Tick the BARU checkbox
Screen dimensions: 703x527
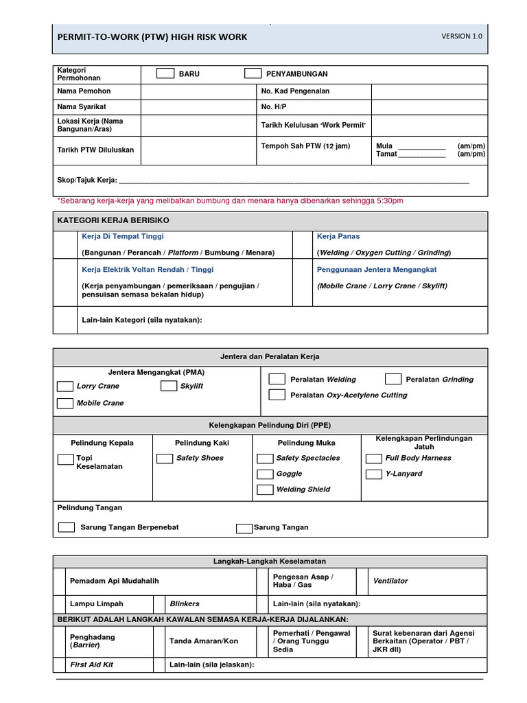(x=165, y=73)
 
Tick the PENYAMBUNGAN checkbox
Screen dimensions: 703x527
(x=253, y=73)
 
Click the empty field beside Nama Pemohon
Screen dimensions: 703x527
(x=198, y=91)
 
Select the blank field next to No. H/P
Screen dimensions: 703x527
(x=429, y=107)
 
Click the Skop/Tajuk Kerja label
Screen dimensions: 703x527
(x=87, y=181)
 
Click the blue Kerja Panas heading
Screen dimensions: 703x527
(x=338, y=236)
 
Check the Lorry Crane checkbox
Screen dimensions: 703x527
(x=65, y=386)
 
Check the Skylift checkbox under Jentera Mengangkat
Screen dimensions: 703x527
(x=169, y=386)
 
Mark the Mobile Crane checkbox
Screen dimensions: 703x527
(x=65, y=403)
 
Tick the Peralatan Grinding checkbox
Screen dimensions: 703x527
(x=393, y=379)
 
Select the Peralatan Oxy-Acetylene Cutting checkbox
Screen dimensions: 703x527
(x=277, y=395)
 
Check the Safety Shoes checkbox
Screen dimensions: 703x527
(x=165, y=458)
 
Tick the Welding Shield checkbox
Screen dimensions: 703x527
(x=265, y=489)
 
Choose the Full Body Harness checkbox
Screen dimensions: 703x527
(x=374, y=458)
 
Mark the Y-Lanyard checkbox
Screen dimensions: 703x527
(x=374, y=474)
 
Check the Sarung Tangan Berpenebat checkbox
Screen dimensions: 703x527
(x=67, y=527)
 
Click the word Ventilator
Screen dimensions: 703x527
(x=390, y=581)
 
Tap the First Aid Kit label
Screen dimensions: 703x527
(x=91, y=665)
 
